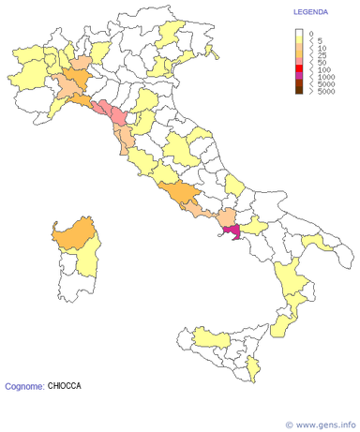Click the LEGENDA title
tap(310, 13)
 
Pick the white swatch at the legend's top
tap(299, 33)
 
